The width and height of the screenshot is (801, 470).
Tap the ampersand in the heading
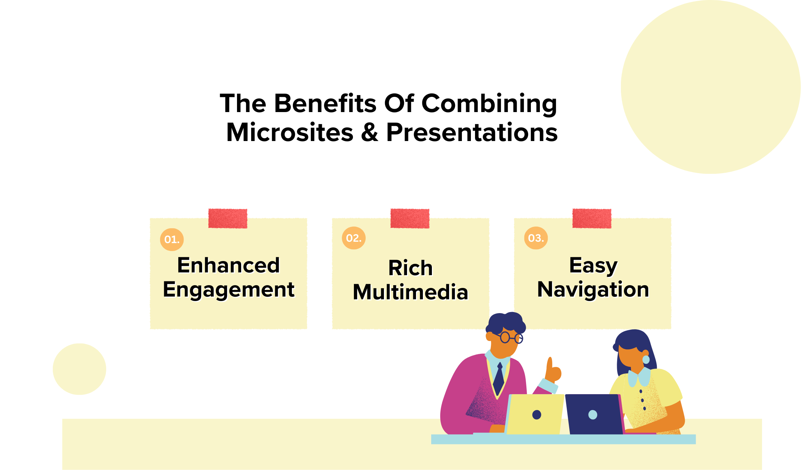coord(369,133)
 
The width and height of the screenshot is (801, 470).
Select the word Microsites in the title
coord(290,133)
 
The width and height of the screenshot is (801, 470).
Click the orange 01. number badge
coord(172,239)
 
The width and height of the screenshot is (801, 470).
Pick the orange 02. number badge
coord(354,238)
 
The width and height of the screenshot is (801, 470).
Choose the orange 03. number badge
coord(536,238)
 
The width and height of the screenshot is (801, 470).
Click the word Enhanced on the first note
coord(228,266)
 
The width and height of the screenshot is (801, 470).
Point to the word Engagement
coord(228,290)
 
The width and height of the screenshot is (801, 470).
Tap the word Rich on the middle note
coord(411,268)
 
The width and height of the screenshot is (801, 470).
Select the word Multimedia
coord(411,292)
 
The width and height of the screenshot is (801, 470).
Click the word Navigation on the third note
coord(593,289)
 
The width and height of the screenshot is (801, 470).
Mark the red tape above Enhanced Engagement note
coord(228,218)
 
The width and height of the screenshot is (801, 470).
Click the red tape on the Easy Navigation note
coord(592,218)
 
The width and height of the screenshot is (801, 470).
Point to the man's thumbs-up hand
coord(553,371)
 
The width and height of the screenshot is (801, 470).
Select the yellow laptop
coord(534,414)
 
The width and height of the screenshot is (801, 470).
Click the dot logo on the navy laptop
coord(593,414)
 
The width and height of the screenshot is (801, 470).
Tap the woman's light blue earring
coord(646,359)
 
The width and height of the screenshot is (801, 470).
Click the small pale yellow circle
coord(79,369)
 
